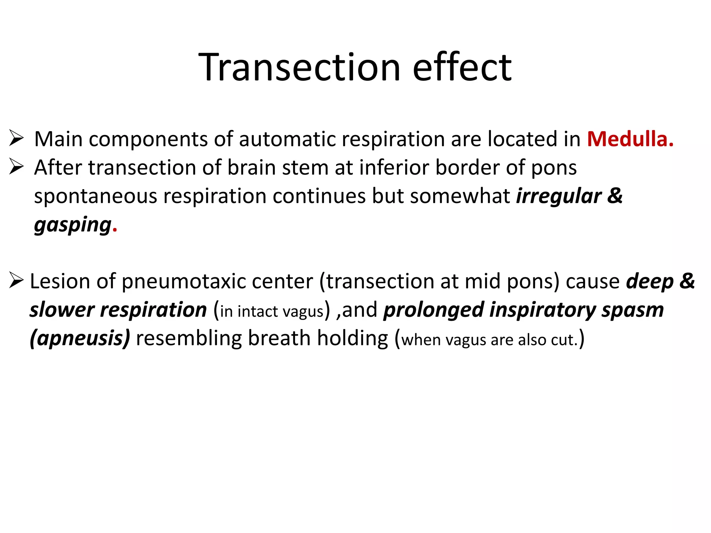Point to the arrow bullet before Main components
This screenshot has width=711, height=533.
[x=16, y=138]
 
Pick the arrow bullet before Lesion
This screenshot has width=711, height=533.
[x=16, y=280]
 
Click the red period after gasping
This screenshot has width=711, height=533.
[x=115, y=229]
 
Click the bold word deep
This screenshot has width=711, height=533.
[x=650, y=281]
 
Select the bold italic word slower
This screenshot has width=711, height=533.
[x=62, y=310]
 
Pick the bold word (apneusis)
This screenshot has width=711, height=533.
[x=80, y=338]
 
